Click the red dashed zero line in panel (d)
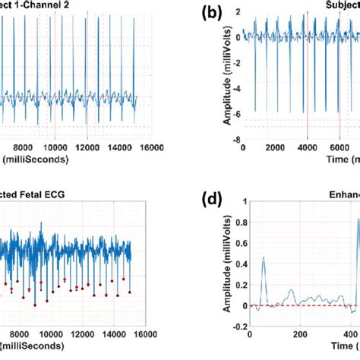[296, 305]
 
